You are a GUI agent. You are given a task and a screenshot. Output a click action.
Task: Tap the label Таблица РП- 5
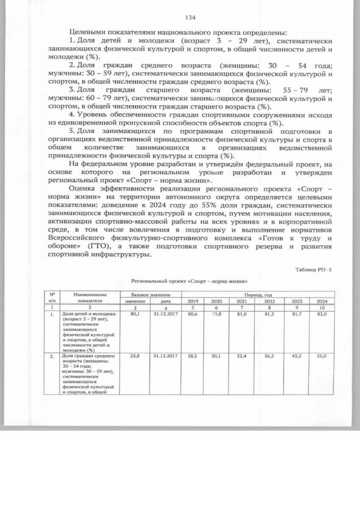(x=313, y=269)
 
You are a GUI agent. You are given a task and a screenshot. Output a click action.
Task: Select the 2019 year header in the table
(x=192, y=301)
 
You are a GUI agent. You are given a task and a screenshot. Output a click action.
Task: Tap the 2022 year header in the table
(x=262, y=301)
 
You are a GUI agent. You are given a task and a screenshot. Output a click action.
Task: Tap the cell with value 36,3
(x=262, y=356)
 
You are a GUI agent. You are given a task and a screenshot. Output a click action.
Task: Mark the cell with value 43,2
(x=292, y=356)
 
